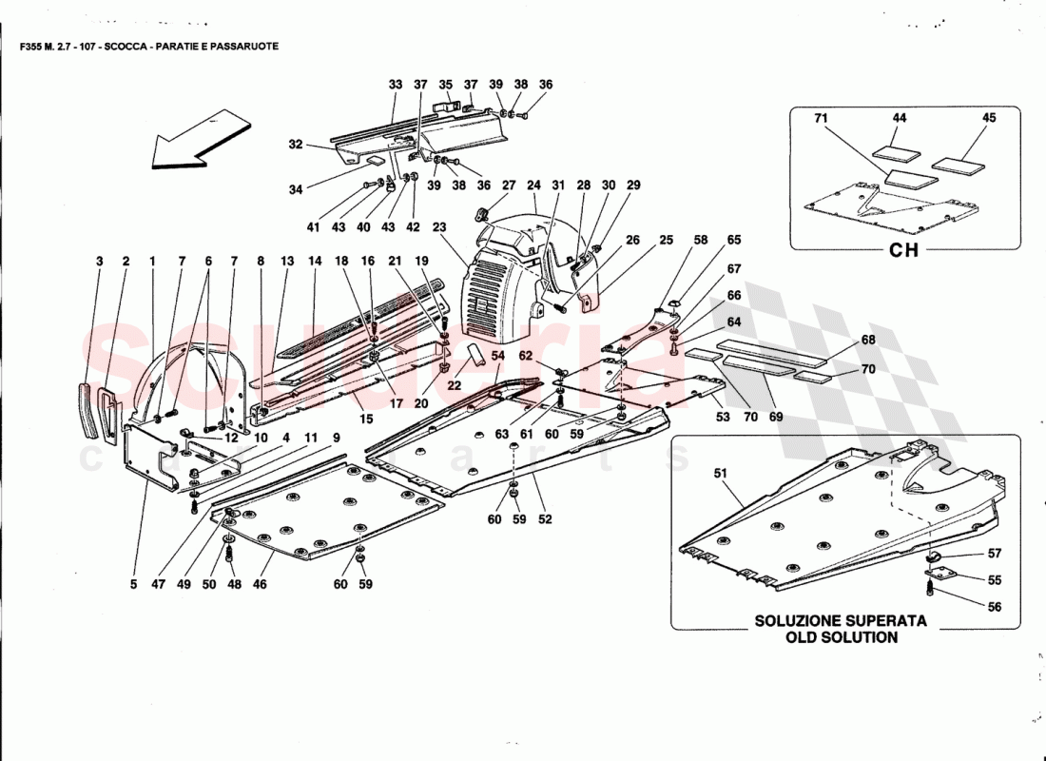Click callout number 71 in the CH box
click(x=821, y=118)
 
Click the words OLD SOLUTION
click(x=841, y=637)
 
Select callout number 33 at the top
click(x=396, y=85)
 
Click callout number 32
click(x=296, y=146)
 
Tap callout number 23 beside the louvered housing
click(x=438, y=226)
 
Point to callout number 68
click(x=868, y=340)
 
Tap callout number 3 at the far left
click(x=99, y=260)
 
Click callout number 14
click(x=315, y=260)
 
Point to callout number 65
click(x=734, y=242)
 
